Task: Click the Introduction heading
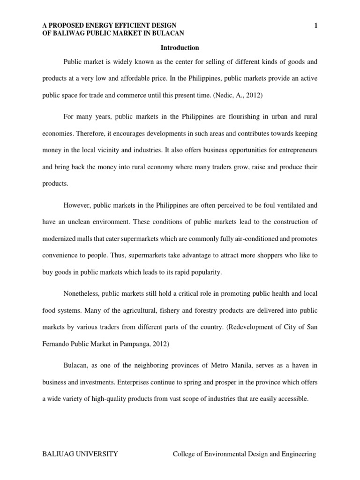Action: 180,48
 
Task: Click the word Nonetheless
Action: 80,294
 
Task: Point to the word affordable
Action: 143,78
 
